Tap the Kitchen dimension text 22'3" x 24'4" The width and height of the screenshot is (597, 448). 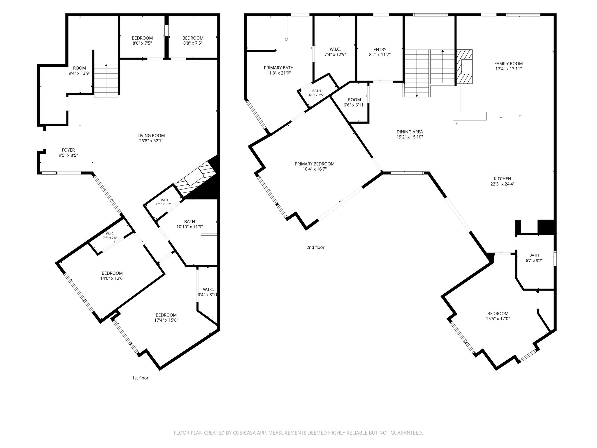click(502, 184)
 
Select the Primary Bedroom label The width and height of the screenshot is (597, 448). click(315, 164)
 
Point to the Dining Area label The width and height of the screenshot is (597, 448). click(410, 132)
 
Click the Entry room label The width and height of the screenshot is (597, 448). click(380, 50)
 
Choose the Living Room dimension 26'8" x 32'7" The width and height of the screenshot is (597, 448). click(151, 141)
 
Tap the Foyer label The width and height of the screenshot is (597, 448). click(68, 150)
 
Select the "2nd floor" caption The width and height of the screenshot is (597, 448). click(315, 247)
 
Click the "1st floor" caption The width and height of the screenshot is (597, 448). click(140, 378)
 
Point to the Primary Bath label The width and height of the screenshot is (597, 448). click(279, 68)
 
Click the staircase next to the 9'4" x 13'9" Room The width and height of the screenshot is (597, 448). click(106, 80)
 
